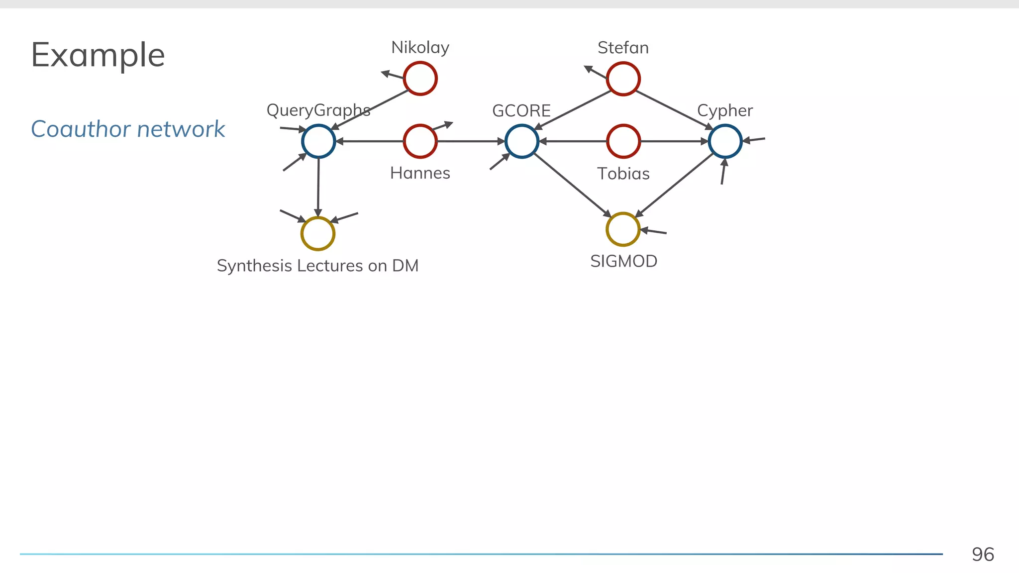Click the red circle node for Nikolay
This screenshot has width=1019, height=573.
[x=420, y=79]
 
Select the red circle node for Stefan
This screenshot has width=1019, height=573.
[x=623, y=79]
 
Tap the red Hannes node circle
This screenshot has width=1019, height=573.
[x=420, y=141]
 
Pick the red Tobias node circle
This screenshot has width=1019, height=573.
[x=623, y=141]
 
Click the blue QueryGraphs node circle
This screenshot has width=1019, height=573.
[x=318, y=141]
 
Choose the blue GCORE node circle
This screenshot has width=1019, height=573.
[x=522, y=141]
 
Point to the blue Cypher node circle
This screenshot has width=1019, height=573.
[x=725, y=141]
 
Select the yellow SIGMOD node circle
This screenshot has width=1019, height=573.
[x=623, y=229]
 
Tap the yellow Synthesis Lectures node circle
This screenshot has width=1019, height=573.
[x=318, y=233]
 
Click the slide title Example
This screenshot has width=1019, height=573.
[x=98, y=55]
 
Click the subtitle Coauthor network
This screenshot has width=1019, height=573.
[x=128, y=129]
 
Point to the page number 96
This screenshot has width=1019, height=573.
[x=983, y=555]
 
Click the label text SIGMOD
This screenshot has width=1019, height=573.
[x=623, y=261]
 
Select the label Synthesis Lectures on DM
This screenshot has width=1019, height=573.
[x=317, y=266]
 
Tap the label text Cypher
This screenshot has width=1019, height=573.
[x=725, y=110]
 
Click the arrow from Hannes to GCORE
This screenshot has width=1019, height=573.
[x=470, y=141]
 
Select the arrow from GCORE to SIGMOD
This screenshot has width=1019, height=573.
[x=572, y=185]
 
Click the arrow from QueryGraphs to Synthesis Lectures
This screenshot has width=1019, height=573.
[x=318, y=187]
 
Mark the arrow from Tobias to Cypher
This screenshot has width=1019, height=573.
[x=674, y=141]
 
